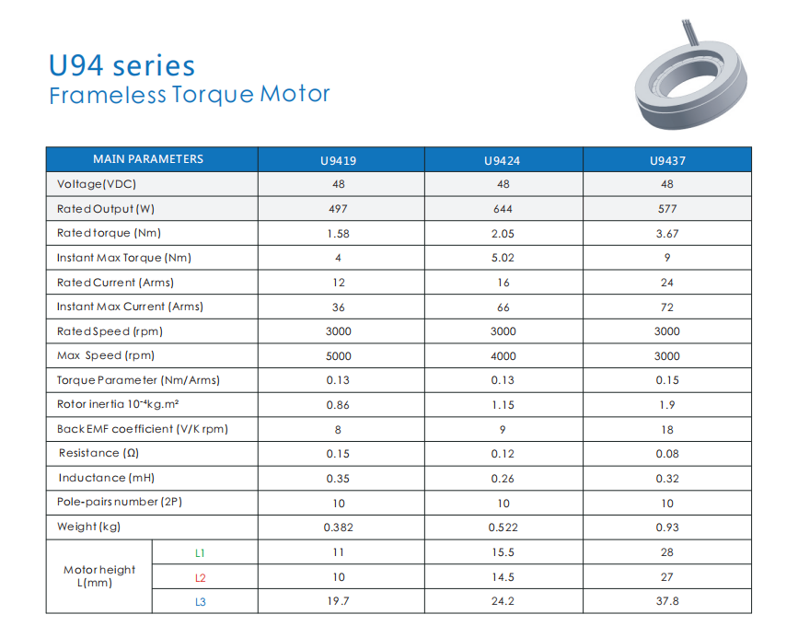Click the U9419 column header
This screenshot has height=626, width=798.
[x=337, y=160]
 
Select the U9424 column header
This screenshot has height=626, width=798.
[x=502, y=160]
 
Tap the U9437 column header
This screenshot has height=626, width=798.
[x=666, y=160]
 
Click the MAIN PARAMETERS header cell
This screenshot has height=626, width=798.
[x=148, y=159]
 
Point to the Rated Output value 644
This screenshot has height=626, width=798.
[x=502, y=209]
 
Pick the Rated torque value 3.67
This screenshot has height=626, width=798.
[x=666, y=234]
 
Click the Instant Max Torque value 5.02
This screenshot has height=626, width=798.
[x=502, y=258]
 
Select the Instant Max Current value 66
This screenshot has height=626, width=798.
[x=502, y=307]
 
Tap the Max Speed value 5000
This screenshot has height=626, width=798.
[x=337, y=356]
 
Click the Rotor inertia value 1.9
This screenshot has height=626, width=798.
[x=666, y=405]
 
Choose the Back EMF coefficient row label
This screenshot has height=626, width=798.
[x=142, y=429]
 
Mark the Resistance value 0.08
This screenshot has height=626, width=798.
[x=666, y=454]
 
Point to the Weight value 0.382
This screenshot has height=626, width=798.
[x=337, y=527]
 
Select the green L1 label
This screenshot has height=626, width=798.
[x=200, y=553]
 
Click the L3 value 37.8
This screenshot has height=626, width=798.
[x=666, y=601]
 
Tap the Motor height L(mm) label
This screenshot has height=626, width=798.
[x=99, y=576]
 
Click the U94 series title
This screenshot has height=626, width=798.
[x=121, y=66]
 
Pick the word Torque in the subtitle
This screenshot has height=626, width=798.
[x=213, y=95]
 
